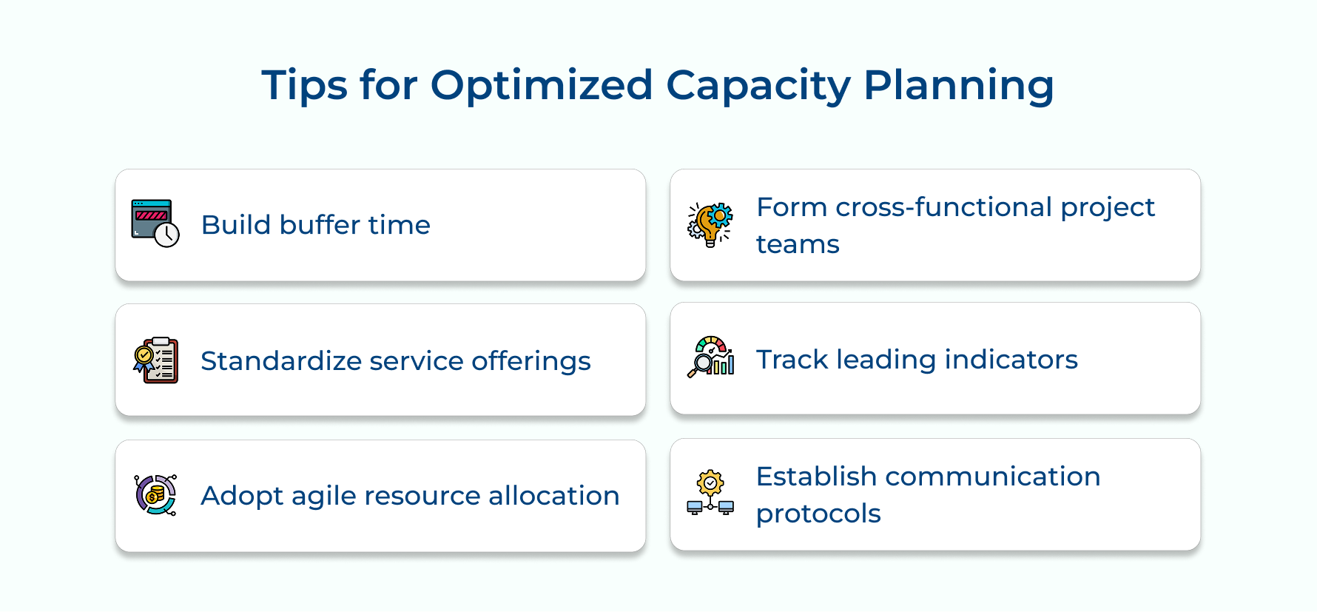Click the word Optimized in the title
[x=541, y=86]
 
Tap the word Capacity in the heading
[x=758, y=86]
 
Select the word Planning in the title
[x=958, y=86]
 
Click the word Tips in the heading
[x=304, y=86]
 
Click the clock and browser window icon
[x=155, y=223]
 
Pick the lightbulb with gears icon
[x=710, y=224]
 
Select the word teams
[x=798, y=244]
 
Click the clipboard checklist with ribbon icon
[x=155, y=360]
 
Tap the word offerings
[x=530, y=361]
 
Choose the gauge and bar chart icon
[x=710, y=357]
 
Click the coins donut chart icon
[x=155, y=495]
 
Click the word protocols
[x=818, y=514]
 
